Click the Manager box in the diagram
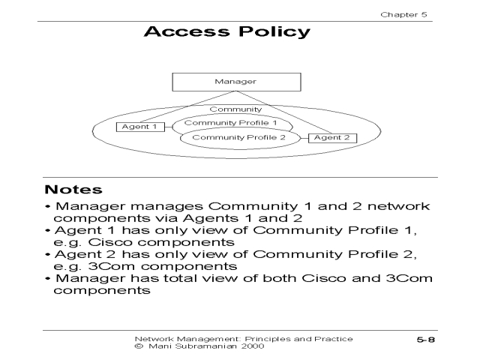pyautogui.click(x=235, y=82)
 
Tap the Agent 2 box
pyautogui.click(x=332, y=138)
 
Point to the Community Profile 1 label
pyautogui.click(x=230, y=122)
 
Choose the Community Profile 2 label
pyautogui.click(x=239, y=138)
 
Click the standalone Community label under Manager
pyautogui.click(x=235, y=109)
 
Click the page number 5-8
pyautogui.click(x=427, y=341)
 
